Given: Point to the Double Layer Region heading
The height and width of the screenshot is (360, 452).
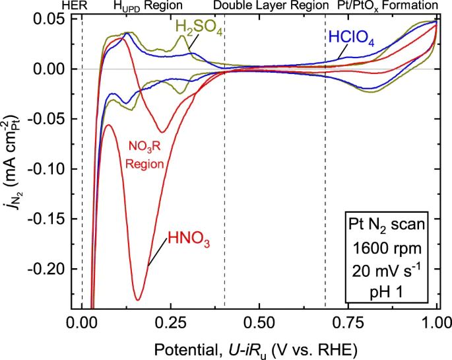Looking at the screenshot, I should coord(271,6).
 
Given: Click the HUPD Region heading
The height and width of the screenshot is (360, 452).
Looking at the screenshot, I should coord(145,6).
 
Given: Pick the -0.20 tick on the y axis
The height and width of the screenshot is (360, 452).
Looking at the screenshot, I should coord(49,270).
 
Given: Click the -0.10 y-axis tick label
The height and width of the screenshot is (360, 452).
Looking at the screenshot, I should coord(49,169).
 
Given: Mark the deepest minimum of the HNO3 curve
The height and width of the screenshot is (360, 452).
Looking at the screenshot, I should coord(137,300).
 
